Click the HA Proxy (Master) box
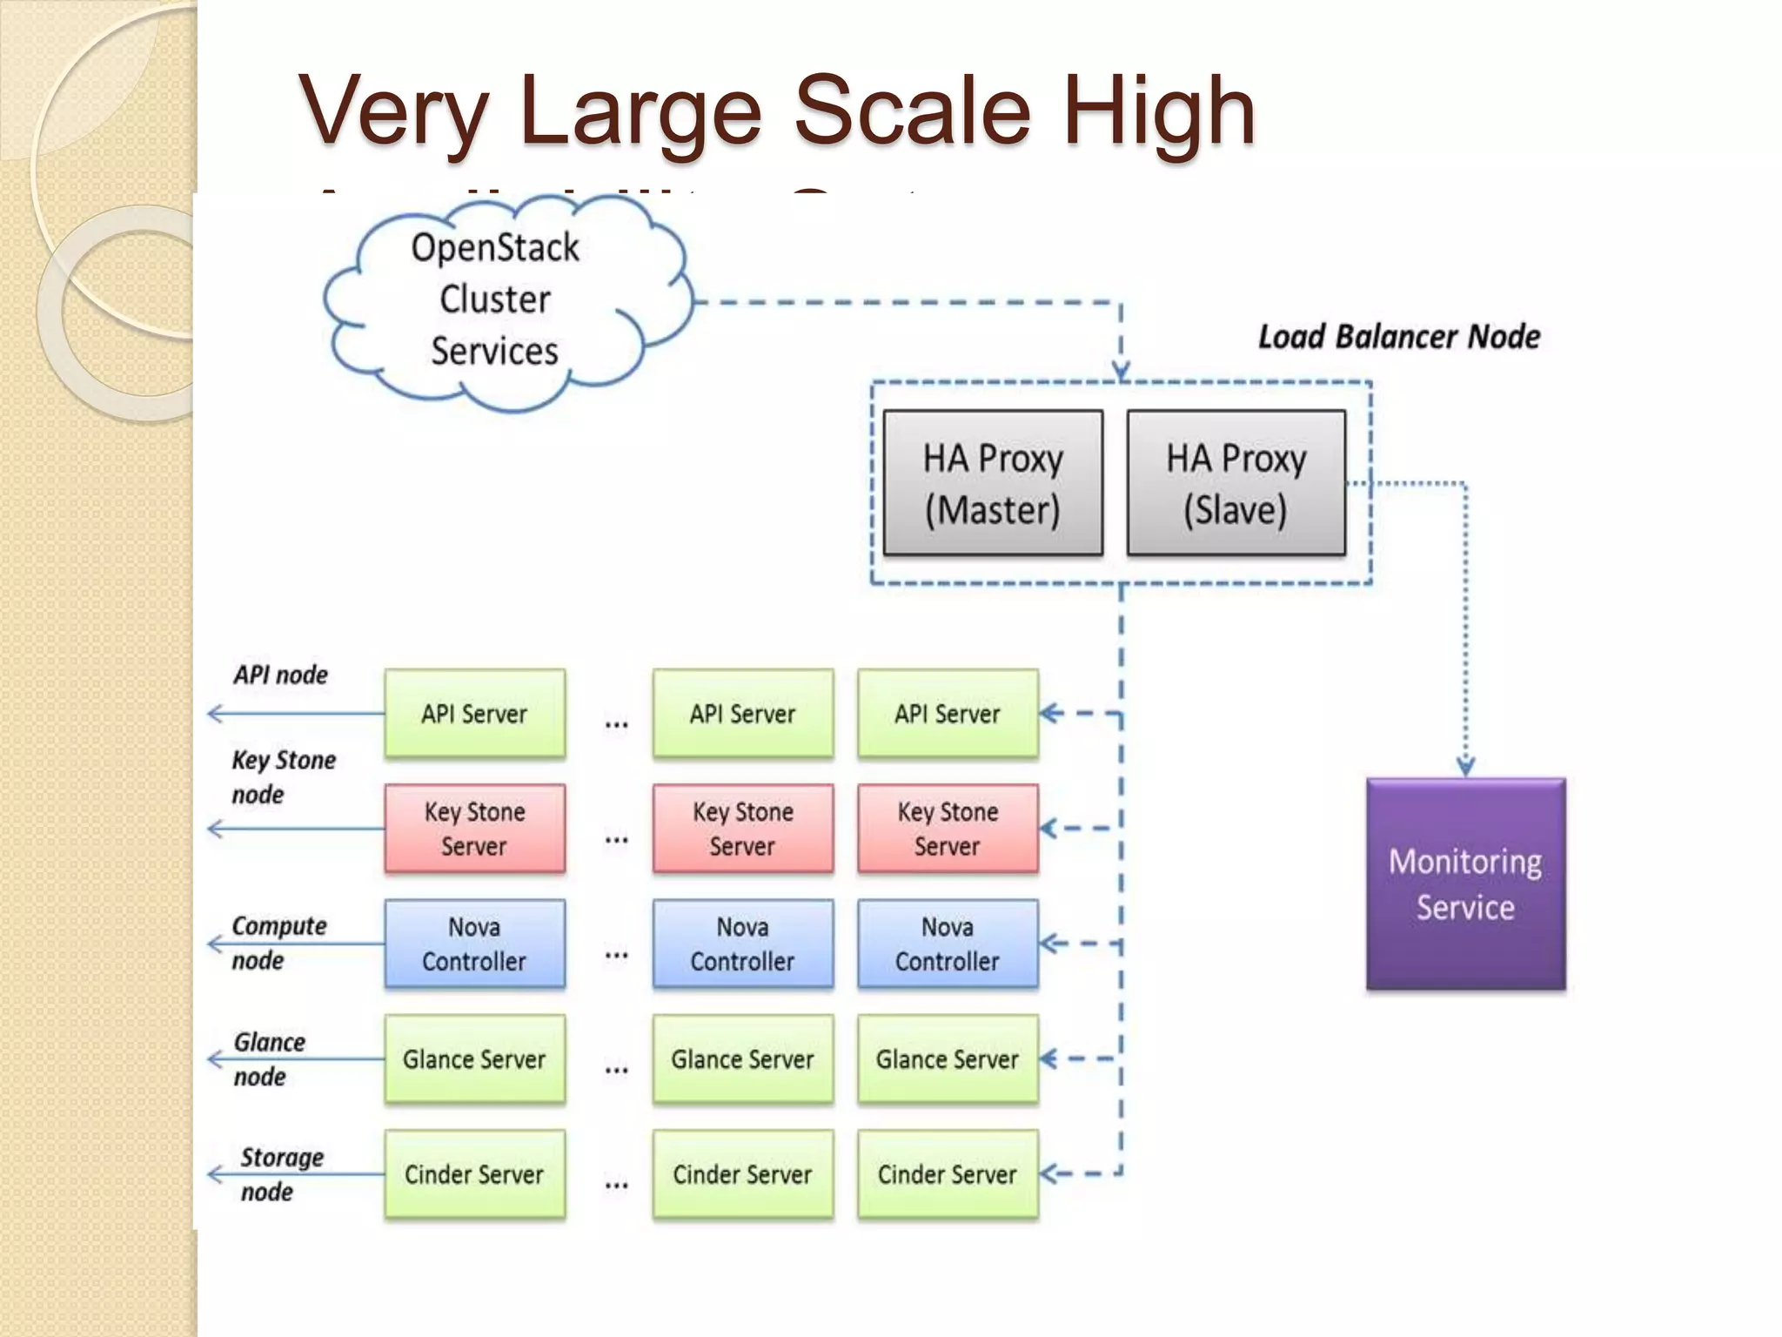[x=993, y=483]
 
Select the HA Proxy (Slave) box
[x=1236, y=483]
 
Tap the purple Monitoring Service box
[x=1465, y=883]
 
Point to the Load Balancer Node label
[x=1399, y=337]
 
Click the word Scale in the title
[x=912, y=111]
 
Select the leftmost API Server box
[x=474, y=714]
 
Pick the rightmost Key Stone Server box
[x=948, y=829]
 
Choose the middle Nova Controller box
[x=742, y=944]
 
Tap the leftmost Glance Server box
[x=474, y=1059]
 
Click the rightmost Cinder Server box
[x=948, y=1174]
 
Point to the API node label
[x=280, y=675]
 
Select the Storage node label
[x=280, y=1174]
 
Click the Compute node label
[x=278, y=943]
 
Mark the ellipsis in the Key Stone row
[x=616, y=840]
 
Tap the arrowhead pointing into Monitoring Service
[x=1465, y=767]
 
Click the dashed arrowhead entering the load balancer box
[x=1122, y=373]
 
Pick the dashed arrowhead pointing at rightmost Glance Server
[x=1049, y=1059]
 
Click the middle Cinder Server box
[x=742, y=1174]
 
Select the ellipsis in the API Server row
[x=616, y=724]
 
